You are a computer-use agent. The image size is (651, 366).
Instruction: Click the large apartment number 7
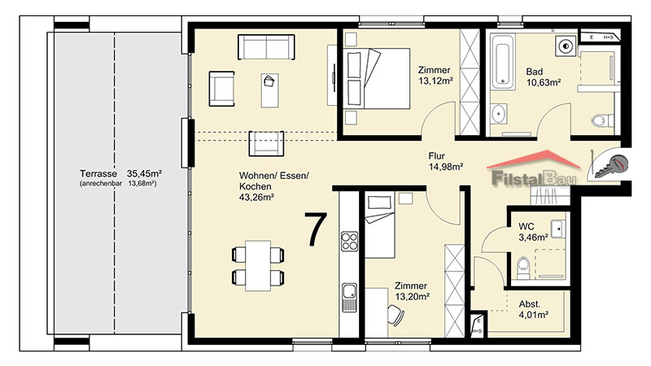(316, 229)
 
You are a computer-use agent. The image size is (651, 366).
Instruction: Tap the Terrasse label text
(98, 173)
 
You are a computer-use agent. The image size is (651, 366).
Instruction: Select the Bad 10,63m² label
(544, 77)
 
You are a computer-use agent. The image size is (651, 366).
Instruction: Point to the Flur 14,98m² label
(445, 161)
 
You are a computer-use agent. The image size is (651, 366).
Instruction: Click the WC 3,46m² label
(533, 232)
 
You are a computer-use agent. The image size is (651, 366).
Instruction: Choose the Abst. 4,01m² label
(534, 310)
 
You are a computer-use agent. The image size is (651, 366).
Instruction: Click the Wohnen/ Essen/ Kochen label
(274, 187)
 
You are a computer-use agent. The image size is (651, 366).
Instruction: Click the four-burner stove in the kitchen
(349, 242)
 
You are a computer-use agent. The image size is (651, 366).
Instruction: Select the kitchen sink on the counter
(349, 297)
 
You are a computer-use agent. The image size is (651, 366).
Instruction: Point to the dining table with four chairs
(258, 266)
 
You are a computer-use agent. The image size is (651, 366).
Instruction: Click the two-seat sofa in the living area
(266, 47)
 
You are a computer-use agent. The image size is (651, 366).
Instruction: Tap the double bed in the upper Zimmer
(376, 78)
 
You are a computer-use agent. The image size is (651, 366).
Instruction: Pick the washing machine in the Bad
(566, 46)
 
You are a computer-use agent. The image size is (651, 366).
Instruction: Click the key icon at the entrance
(611, 167)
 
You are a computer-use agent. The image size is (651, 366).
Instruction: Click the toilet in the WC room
(523, 268)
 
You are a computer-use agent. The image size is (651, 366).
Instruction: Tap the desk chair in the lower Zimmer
(395, 316)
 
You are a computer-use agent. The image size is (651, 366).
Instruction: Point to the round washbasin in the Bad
(498, 114)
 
